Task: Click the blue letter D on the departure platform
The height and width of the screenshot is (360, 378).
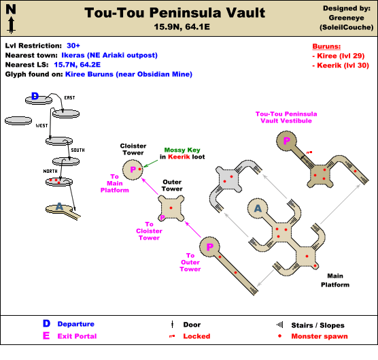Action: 35,96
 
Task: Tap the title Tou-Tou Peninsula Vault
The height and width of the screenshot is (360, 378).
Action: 175,12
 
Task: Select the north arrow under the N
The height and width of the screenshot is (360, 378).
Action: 11,25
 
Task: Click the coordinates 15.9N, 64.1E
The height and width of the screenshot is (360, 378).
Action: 182,27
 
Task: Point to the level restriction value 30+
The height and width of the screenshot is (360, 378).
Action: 73,46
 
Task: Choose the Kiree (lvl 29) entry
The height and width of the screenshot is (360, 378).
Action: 339,56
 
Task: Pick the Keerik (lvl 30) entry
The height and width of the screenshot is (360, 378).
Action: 341,65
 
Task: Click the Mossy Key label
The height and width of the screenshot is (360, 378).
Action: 182,150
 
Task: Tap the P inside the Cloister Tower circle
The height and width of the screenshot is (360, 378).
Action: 133,169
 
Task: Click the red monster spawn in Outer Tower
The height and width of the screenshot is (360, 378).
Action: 171,208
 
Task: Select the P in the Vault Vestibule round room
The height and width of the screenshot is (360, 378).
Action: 287,140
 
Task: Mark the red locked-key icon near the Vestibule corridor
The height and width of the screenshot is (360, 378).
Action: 309,152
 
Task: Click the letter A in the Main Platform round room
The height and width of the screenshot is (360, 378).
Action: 258,208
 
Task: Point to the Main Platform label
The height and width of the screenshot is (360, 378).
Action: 335,280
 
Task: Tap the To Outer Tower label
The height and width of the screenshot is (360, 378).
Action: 190,262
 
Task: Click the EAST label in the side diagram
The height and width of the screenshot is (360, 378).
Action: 69,98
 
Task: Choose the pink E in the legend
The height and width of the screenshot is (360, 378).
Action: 46,336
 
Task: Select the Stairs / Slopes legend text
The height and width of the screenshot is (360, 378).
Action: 317,325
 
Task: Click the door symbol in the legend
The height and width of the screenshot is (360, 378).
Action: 172,325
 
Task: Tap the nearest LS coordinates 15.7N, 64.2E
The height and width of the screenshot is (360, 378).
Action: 77,65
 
